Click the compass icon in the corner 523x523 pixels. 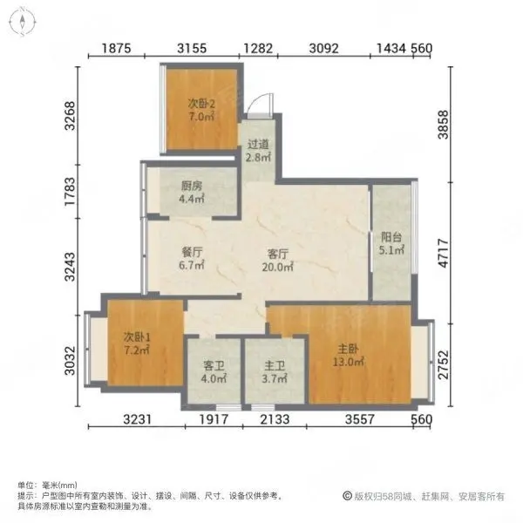point(22,22)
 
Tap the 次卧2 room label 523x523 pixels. point(201,104)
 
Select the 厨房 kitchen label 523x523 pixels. point(192,186)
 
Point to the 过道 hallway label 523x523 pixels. point(258,144)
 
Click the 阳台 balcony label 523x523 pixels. point(391,237)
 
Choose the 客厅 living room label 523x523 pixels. point(277,255)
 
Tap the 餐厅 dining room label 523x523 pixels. point(192,252)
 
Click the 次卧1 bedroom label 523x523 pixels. point(137,336)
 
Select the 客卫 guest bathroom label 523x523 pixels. point(214,366)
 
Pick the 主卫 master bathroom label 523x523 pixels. point(275,366)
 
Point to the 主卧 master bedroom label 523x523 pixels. point(348,349)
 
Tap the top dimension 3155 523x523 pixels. point(192,48)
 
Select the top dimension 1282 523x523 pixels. point(258,48)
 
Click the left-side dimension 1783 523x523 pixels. point(71,192)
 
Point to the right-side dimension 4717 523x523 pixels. point(444,253)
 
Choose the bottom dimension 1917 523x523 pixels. point(214,419)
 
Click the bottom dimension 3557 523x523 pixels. point(360,419)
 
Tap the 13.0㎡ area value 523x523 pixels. point(348,362)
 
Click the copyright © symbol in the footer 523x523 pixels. point(347,496)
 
